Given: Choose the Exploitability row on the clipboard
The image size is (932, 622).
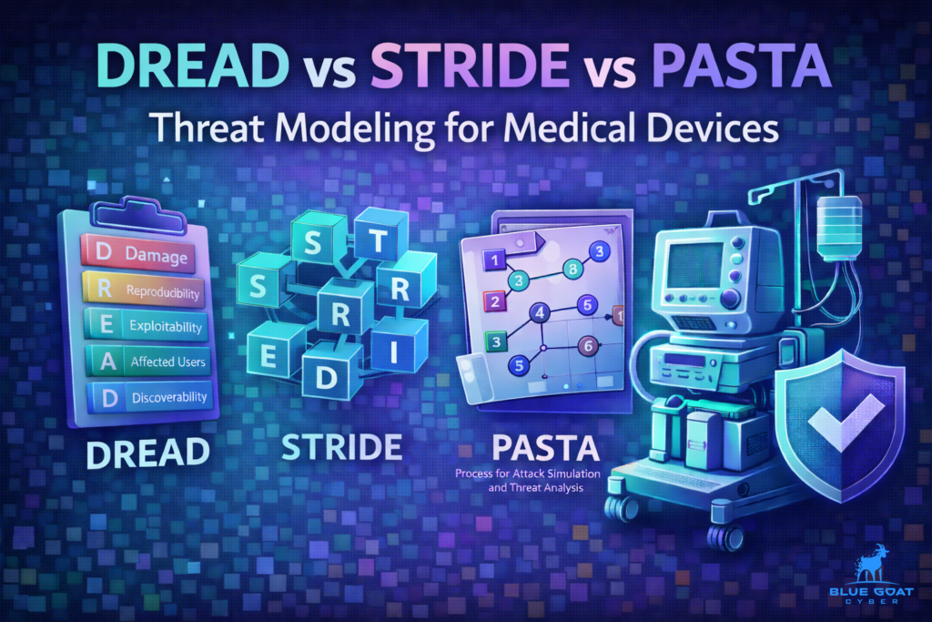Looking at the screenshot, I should [146, 326].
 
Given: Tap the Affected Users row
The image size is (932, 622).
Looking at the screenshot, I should [146, 362].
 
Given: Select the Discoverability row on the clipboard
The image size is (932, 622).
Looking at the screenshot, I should [146, 397].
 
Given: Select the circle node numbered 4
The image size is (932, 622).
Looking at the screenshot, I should [539, 313].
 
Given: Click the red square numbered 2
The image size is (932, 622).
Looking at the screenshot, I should [493, 301].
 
